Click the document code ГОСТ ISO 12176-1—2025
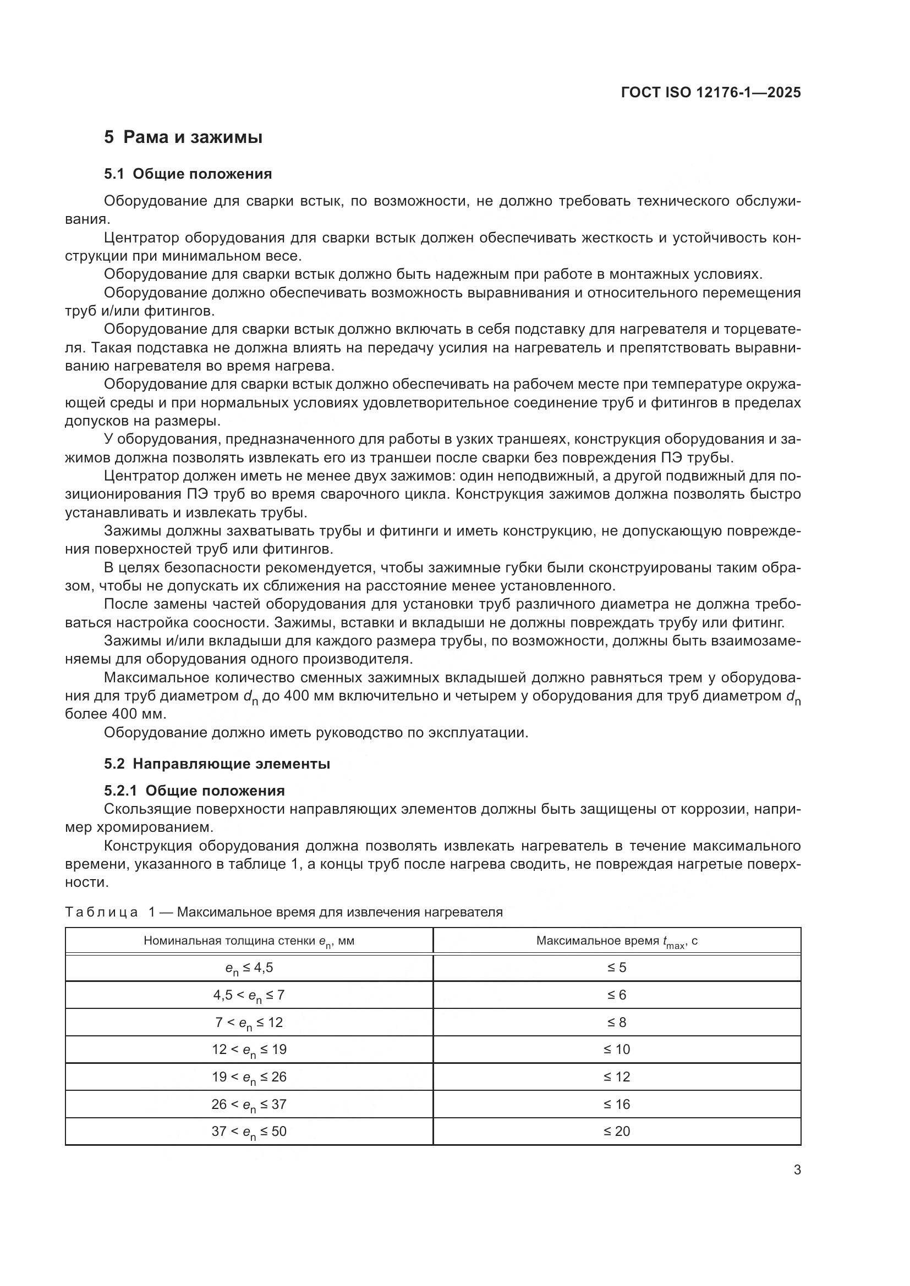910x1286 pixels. tap(710, 93)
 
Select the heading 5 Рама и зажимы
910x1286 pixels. tap(183, 137)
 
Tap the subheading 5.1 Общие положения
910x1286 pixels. tap(188, 174)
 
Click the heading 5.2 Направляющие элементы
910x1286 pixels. tap(217, 764)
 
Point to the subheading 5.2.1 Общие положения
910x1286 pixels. tap(194, 791)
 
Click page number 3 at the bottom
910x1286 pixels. tap(797, 1170)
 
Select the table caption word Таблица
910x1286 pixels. tap(101, 913)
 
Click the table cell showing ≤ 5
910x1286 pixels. tap(616, 968)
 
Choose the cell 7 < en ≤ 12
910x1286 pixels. tap(249, 1023)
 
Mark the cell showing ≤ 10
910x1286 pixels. tap(616, 1050)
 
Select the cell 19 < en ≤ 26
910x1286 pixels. tap(249, 1077)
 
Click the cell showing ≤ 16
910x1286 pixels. tap(616, 1104)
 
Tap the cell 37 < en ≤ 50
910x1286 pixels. tap(249, 1132)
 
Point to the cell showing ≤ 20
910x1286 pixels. tap(616, 1131)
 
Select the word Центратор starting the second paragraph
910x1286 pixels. tap(142, 238)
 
